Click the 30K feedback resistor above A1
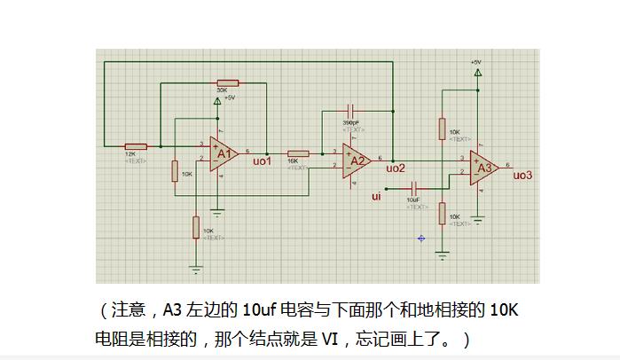pos(222,82)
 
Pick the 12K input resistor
pos(135,145)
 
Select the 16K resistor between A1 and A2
pos(298,153)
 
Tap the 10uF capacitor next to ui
pos(414,188)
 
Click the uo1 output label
pos(262,162)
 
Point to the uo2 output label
pos(396,168)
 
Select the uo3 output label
pos(522,175)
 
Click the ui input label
pos(376,196)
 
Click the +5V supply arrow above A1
pos(217,101)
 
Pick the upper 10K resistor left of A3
pos(442,129)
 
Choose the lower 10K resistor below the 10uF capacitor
pos(442,213)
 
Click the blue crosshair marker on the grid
pos(421,238)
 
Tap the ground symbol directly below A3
pos(477,218)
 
